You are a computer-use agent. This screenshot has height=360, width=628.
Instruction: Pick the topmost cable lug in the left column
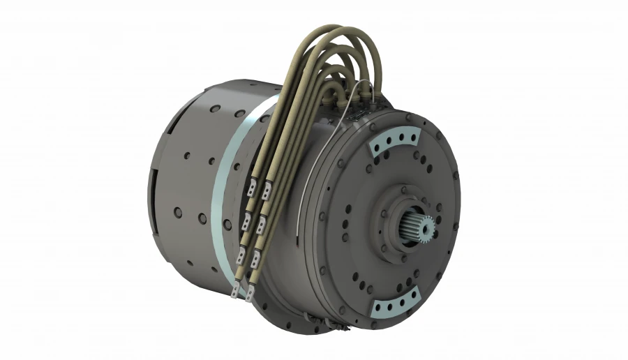coord(251,187)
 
